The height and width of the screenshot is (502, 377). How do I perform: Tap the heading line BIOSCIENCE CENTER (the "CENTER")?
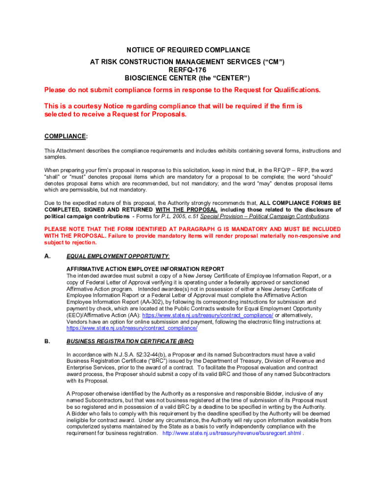[x=188, y=78]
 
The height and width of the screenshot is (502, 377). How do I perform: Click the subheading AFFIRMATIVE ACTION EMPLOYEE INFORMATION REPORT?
[x=145, y=269]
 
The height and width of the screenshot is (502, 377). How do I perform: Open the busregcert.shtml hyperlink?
[x=232, y=433]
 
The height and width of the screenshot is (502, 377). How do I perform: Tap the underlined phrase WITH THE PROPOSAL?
[x=186, y=209]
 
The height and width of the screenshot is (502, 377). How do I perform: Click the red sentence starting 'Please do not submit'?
[x=182, y=90]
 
